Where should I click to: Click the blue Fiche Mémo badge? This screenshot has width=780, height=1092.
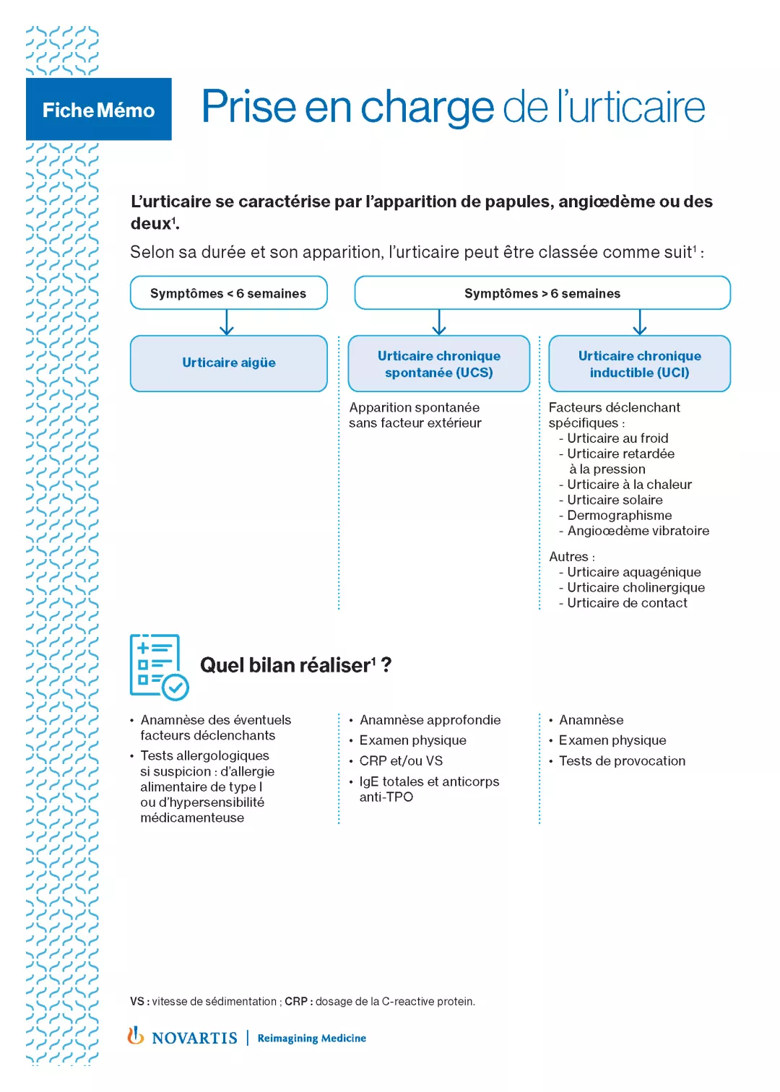click(x=99, y=109)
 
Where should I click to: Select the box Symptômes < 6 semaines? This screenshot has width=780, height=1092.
click(x=228, y=293)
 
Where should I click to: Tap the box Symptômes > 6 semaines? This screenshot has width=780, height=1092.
click(x=542, y=293)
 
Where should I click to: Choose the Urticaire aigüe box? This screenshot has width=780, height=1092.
click(x=228, y=363)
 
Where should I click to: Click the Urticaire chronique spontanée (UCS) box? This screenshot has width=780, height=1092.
click(x=438, y=363)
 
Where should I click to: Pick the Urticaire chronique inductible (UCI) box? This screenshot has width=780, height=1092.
click(x=639, y=363)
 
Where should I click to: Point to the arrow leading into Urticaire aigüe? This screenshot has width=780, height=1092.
click(x=227, y=322)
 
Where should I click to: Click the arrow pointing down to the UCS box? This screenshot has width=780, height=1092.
click(x=439, y=322)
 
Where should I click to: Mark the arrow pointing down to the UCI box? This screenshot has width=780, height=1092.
click(x=640, y=322)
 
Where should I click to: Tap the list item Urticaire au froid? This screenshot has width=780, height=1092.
click(x=617, y=438)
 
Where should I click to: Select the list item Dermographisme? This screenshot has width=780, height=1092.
click(x=619, y=516)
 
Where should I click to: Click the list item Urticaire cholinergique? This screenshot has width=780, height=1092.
click(x=636, y=588)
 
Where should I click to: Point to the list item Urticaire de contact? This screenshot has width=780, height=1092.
click(x=627, y=603)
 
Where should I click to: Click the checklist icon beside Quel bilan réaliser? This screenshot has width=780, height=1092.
click(x=158, y=667)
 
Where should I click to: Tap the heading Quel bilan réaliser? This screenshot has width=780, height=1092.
click(x=295, y=665)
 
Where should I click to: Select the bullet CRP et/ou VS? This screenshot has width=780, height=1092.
click(x=401, y=761)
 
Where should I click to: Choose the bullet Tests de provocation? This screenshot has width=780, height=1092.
click(x=622, y=761)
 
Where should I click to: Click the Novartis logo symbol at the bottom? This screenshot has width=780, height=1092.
click(x=135, y=1036)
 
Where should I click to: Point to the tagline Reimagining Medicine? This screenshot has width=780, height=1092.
click(x=311, y=1039)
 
